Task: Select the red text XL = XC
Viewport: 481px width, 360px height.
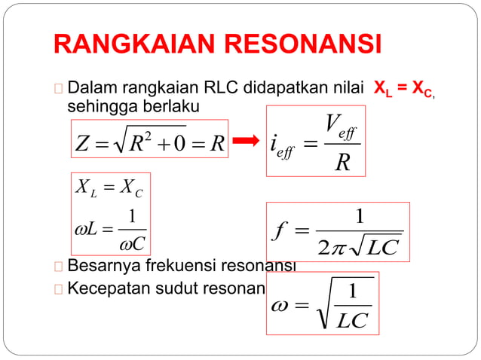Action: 403,90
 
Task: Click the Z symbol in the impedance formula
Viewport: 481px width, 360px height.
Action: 84,142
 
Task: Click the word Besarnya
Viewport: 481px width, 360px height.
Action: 102,266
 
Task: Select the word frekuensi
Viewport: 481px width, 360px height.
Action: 173,266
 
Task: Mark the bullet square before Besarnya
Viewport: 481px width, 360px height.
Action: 60,267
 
